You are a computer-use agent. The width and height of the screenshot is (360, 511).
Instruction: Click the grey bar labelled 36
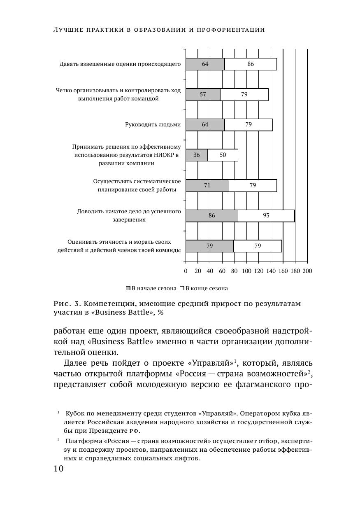[x=196, y=155]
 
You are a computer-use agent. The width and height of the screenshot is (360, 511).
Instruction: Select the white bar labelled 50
[x=223, y=155]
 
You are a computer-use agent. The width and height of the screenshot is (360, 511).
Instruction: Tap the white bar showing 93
[x=266, y=216]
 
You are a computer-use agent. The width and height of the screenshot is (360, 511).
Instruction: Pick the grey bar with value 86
[x=211, y=216]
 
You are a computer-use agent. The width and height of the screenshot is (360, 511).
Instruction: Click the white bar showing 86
[x=251, y=64]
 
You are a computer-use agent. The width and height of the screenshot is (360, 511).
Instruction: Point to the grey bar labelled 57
[x=203, y=95]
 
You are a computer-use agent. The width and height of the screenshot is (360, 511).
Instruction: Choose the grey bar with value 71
[x=207, y=186]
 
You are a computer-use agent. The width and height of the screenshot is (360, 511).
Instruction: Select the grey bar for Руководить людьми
[x=205, y=125]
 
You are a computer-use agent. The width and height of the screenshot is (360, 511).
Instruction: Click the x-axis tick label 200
[x=307, y=271]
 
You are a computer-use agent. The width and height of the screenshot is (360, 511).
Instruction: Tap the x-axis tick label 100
[x=246, y=271]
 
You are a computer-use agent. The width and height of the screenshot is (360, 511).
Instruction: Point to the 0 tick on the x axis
[x=186, y=271]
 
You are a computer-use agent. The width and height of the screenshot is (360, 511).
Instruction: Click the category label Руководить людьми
[x=153, y=124]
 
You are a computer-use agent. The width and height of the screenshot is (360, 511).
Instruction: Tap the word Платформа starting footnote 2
[x=81, y=441]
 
